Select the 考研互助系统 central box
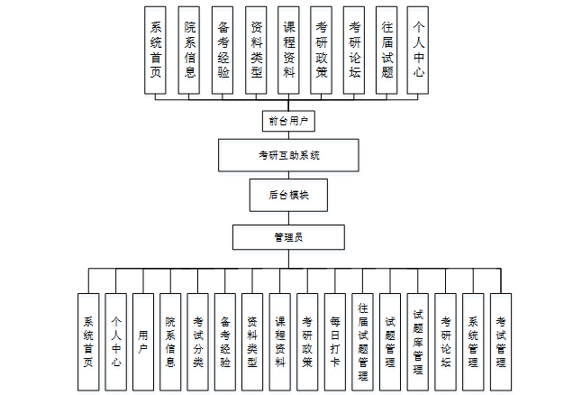(x=289, y=155)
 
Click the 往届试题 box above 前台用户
(x=386, y=50)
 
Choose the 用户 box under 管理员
(x=143, y=341)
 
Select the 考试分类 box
(x=198, y=341)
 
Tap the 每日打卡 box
(x=335, y=341)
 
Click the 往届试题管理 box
(x=362, y=341)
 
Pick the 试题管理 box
(x=390, y=341)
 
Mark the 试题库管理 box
(x=418, y=341)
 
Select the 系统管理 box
(x=473, y=341)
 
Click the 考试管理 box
(x=500, y=341)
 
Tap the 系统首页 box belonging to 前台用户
(x=157, y=50)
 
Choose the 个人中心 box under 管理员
(x=116, y=341)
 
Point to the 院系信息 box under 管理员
(x=171, y=341)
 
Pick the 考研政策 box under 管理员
(x=307, y=341)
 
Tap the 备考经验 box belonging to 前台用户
(x=223, y=50)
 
